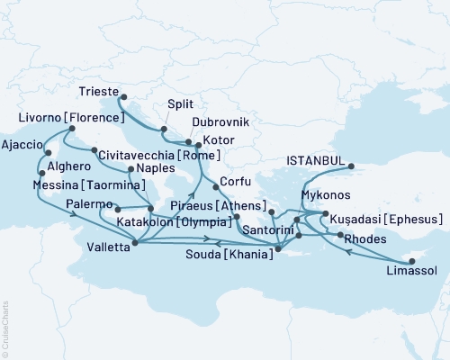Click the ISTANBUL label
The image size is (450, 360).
(315, 160)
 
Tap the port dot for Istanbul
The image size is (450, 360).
(352, 166)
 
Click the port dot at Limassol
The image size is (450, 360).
(411, 261)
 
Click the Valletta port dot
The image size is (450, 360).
(134, 241)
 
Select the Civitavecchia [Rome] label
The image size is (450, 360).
(157, 153)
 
